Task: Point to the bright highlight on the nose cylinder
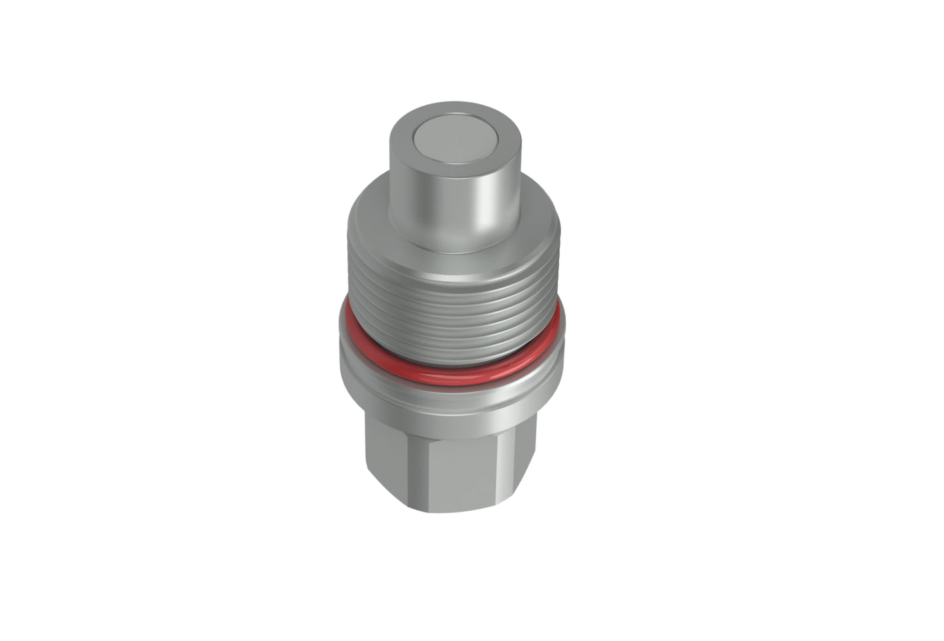click(x=486, y=197)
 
